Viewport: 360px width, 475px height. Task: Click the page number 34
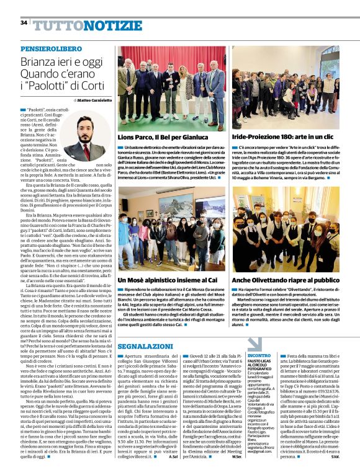24,23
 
